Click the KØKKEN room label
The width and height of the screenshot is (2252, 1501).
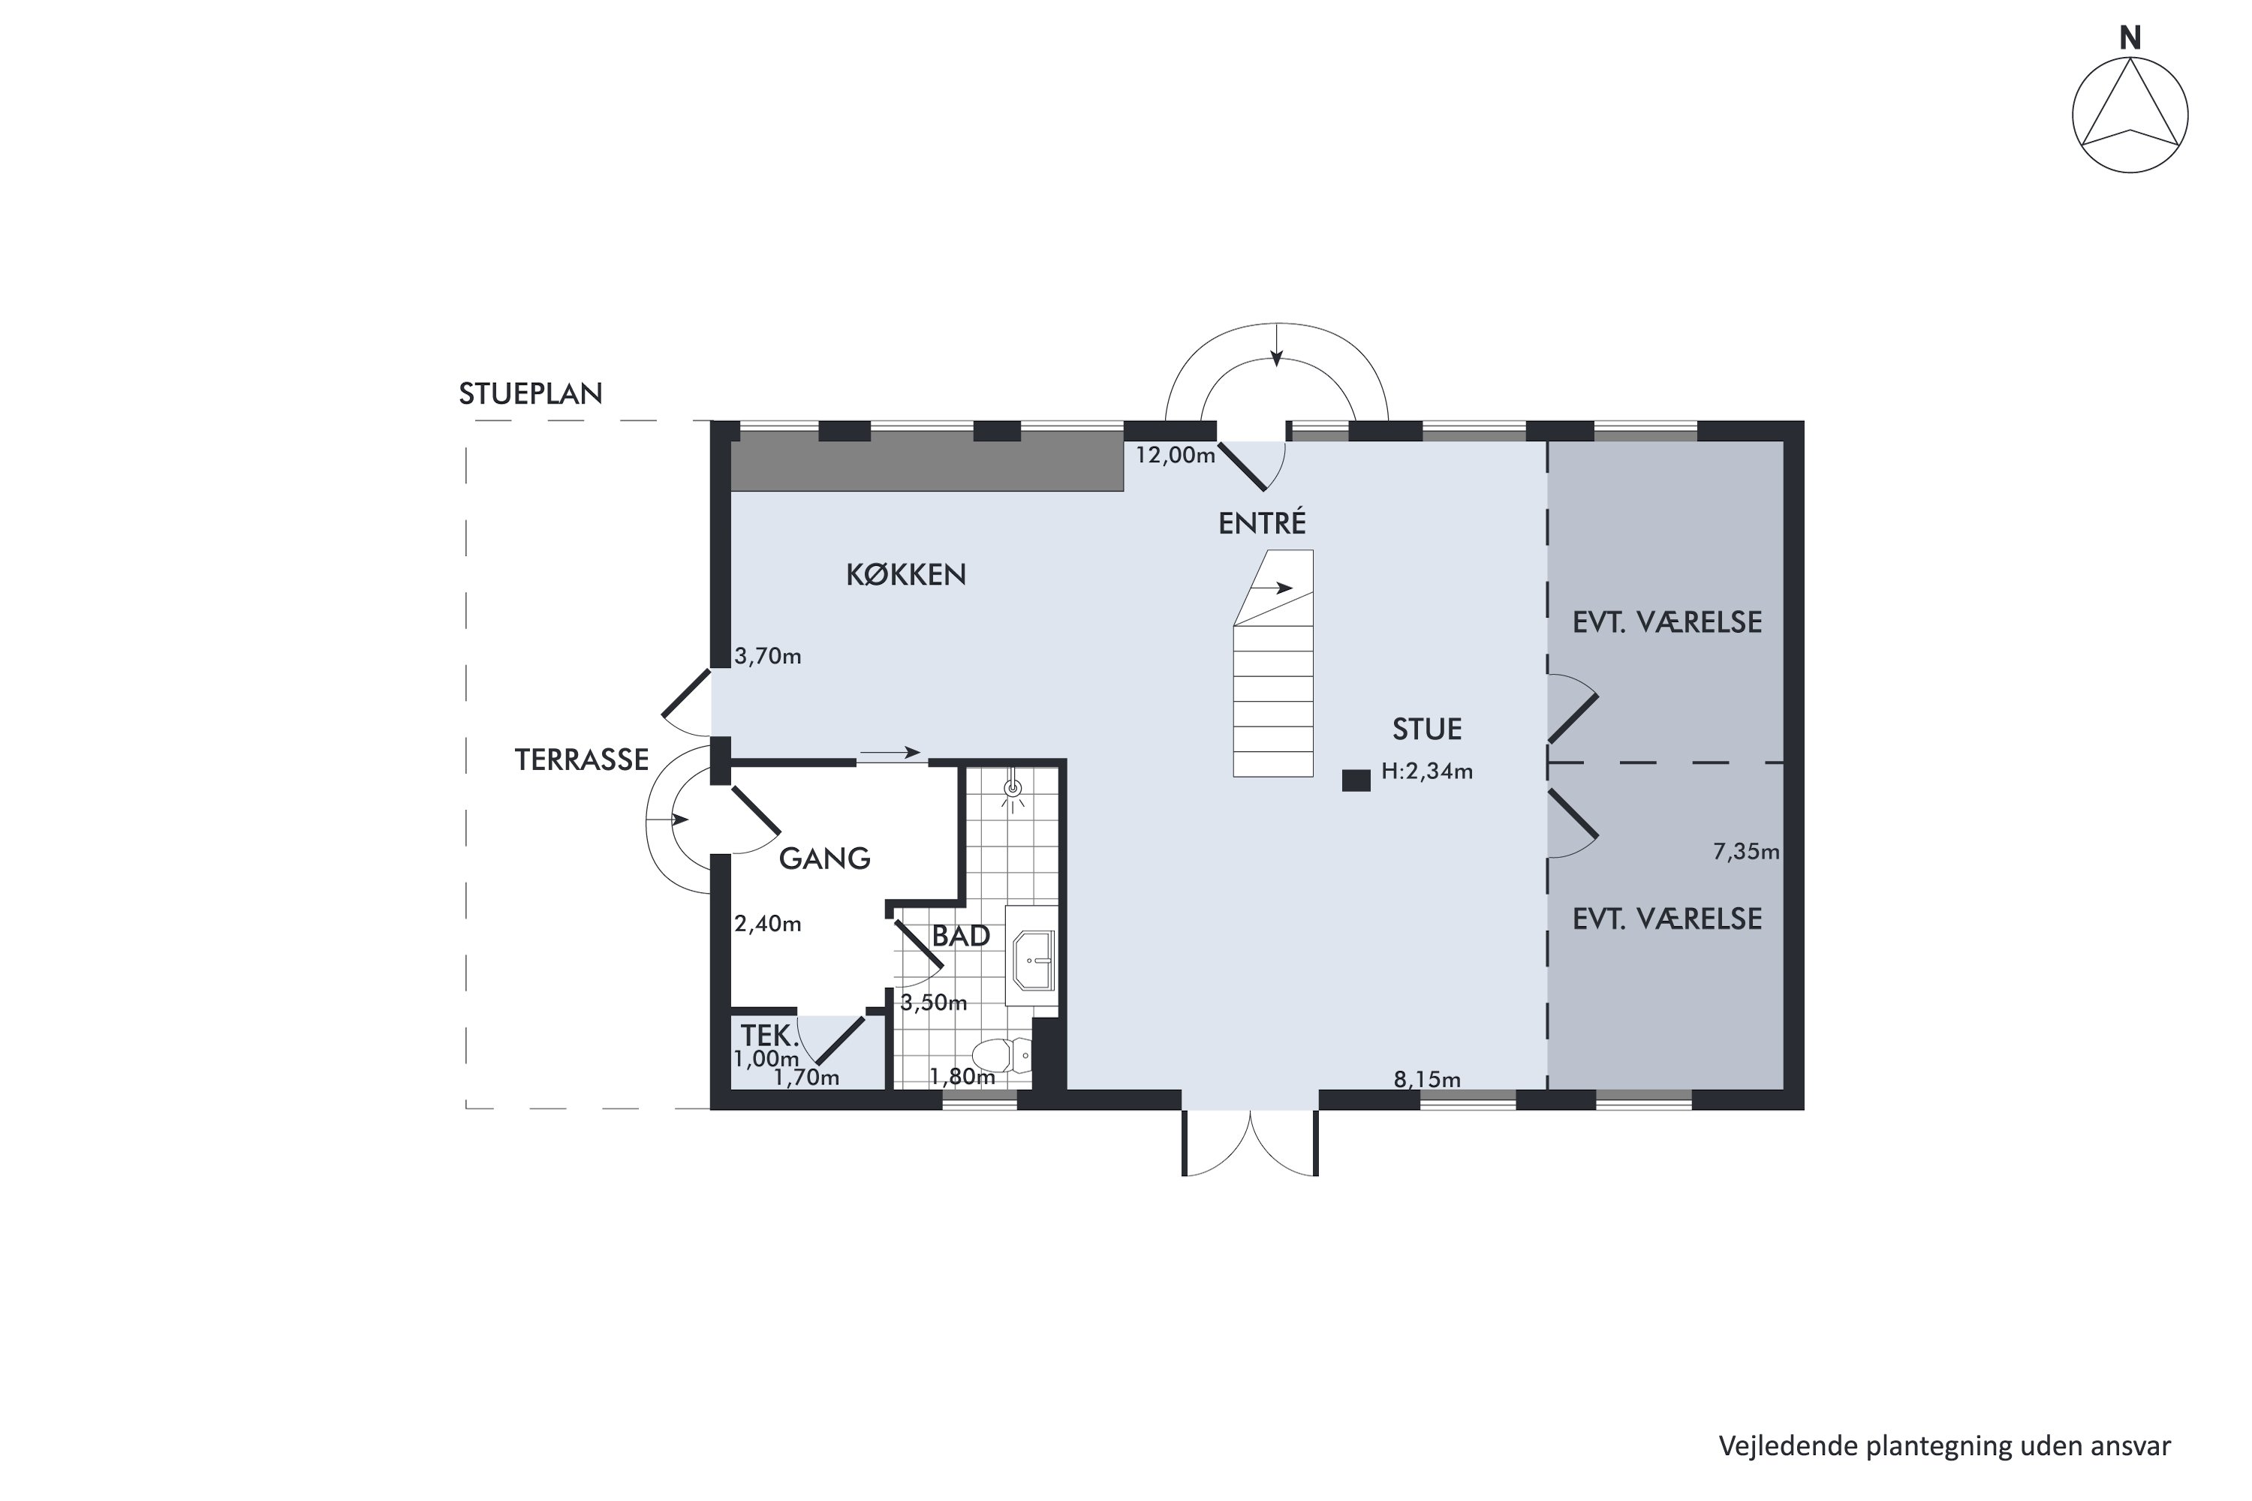click(x=906, y=573)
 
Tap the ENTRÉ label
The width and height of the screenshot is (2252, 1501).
click(x=1262, y=522)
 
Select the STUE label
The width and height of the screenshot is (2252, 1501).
click(x=1427, y=729)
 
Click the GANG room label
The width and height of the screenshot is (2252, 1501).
click(x=824, y=858)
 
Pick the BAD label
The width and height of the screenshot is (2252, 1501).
click(x=960, y=935)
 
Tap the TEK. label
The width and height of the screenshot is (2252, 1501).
click(x=770, y=1036)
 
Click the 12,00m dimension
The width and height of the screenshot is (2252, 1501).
click(x=1175, y=455)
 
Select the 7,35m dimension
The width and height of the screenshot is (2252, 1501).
click(x=1745, y=851)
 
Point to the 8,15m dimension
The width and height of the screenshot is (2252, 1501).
click(x=1427, y=1080)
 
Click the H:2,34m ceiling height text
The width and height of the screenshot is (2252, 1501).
click(x=1427, y=771)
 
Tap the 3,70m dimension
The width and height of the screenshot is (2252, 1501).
click(x=768, y=656)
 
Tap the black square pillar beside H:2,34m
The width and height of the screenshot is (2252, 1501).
click(x=1356, y=781)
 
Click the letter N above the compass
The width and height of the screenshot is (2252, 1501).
click(x=2130, y=38)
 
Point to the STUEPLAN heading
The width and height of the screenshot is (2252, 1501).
click(x=531, y=393)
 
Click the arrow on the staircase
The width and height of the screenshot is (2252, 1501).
click(x=1273, y=588)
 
